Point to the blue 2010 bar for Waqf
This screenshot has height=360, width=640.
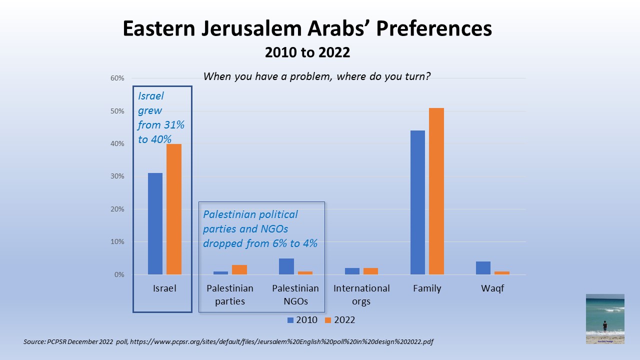coord(483,268)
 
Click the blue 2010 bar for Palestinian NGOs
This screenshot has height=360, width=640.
coord(286,266)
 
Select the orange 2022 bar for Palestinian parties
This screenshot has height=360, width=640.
coord(239,269)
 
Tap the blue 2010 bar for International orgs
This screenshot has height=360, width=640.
coord(352,271)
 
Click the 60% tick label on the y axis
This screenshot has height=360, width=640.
coord(117,78)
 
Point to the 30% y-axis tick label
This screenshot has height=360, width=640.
coord(117,176)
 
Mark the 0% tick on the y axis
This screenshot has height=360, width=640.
coord(118,274)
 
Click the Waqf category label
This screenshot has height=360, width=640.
coord(492,288)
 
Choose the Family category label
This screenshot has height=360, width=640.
coord(426,288)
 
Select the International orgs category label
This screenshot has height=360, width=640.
coord(361,294)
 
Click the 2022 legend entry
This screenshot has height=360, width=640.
coord(340,319)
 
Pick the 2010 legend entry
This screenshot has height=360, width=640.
coord(302,319)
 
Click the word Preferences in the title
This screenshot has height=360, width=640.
coord(433,29)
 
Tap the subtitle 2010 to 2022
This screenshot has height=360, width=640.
coord(307,52)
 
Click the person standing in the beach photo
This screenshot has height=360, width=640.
coord(605,326)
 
